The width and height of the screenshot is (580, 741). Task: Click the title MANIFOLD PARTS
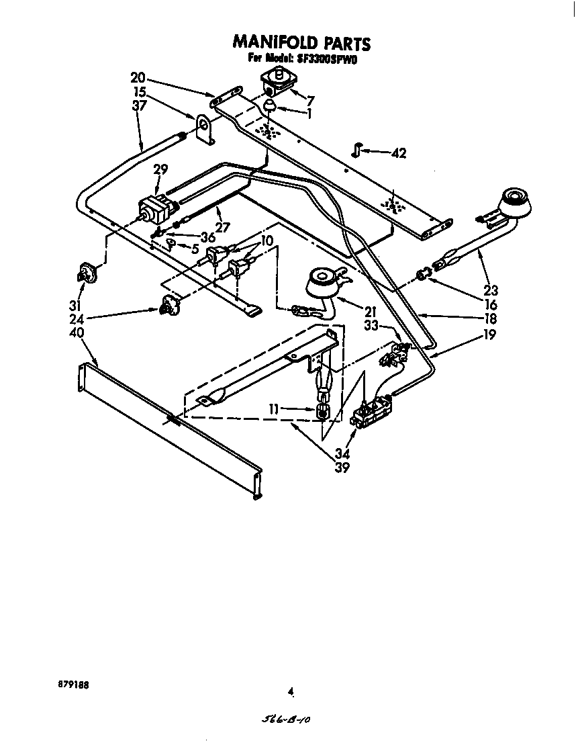click(301, 43)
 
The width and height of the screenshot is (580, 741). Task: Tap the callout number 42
click(398, 154)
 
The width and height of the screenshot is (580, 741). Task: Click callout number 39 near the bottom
click(342, 468)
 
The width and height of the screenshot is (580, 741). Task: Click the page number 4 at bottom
click(290, 690)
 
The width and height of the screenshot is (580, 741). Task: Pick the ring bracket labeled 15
click(204, 128)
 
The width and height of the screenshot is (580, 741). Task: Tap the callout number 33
click(371, 325)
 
